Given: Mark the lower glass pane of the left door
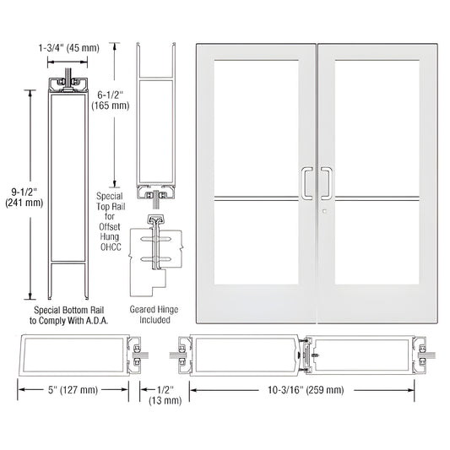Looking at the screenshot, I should click(254, 263).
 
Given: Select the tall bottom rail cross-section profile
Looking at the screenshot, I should click(73, 190).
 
